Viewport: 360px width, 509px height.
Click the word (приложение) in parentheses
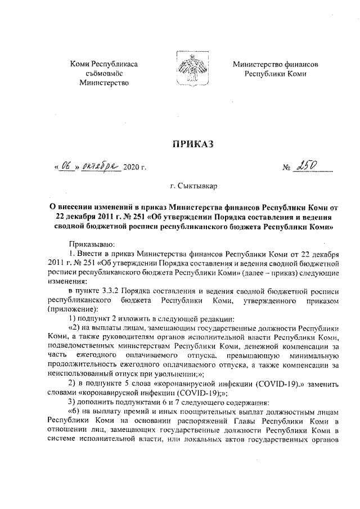point(74,309)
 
